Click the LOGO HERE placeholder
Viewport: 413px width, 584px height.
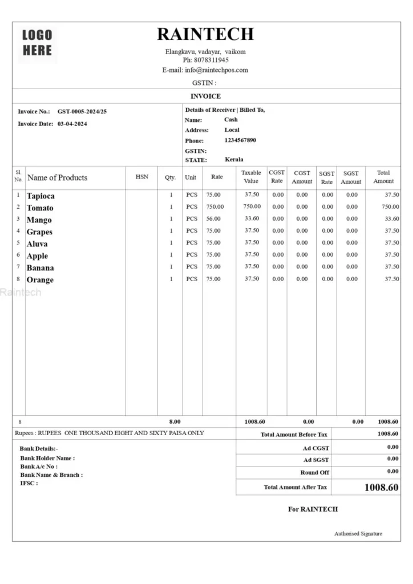click(x=37, y=43)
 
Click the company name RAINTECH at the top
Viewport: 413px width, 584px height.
click(x=205, y=34)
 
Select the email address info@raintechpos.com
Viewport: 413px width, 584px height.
click(x=216, y=70)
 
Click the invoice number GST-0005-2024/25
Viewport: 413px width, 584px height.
click(x=82, y=111)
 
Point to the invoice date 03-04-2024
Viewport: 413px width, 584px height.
click(x=72, y=123)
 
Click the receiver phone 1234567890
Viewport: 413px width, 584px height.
click(x=240, y=140)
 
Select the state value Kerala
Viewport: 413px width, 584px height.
click(x=234, y=160)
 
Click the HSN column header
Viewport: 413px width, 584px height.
click(x=142, y=177)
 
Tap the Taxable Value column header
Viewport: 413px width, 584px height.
click(x=251, y=177)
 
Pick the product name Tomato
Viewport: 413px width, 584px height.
click(x=40, y=208)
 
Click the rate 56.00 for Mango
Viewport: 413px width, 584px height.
click(x=213, y=218)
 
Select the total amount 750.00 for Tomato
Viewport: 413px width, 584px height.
click(x=390, y=206)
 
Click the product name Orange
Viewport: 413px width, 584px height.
click(x=40, y=279)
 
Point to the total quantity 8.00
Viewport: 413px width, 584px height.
click(x=175, y=421)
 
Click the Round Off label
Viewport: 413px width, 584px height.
click(x=314, y=473)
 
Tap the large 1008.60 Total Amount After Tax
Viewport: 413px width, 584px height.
click(x=381, y=488)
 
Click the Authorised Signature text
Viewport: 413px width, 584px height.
click(x=358, y=534)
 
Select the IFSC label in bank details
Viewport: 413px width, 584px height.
click(x=29, y=483)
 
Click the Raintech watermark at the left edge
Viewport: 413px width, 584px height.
click(x=21, y=293)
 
